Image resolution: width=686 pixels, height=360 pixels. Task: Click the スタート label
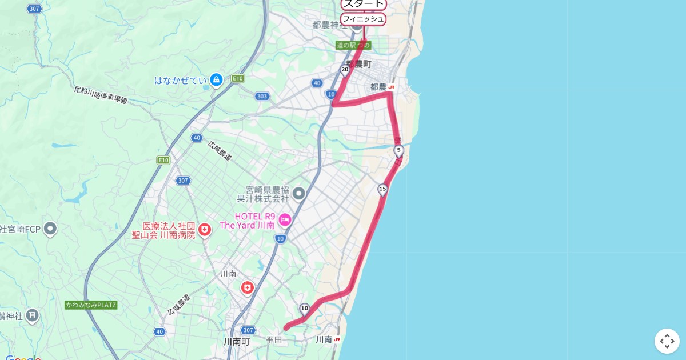(364, 5)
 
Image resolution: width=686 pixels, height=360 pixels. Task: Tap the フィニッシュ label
(363, 19)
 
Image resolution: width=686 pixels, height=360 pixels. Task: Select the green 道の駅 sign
(353, 45)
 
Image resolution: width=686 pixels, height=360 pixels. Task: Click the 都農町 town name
(358, 64)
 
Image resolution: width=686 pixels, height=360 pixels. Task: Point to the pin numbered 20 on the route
(345, 71)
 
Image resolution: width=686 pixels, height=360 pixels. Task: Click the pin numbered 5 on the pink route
(398, 151)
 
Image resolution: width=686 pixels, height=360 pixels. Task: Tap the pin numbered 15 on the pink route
(382, 189)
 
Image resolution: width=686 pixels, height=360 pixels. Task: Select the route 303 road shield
(262, 96)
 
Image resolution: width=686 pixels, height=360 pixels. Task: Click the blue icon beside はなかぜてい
(216, 80)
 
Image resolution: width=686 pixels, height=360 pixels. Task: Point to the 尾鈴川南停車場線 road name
(101, 95)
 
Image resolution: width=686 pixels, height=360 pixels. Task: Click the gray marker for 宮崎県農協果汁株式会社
(299, 194)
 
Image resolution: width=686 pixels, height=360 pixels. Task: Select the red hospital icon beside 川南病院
(205, 230)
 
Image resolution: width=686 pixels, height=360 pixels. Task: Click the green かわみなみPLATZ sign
(91, 305)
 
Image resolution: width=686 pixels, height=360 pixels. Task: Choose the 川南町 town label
(237, 342)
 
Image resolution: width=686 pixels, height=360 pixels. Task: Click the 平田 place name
(274, 340)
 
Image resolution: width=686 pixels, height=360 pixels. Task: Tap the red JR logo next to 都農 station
(391, 87)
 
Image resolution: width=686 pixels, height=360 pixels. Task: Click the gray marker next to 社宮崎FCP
(50, 229)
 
